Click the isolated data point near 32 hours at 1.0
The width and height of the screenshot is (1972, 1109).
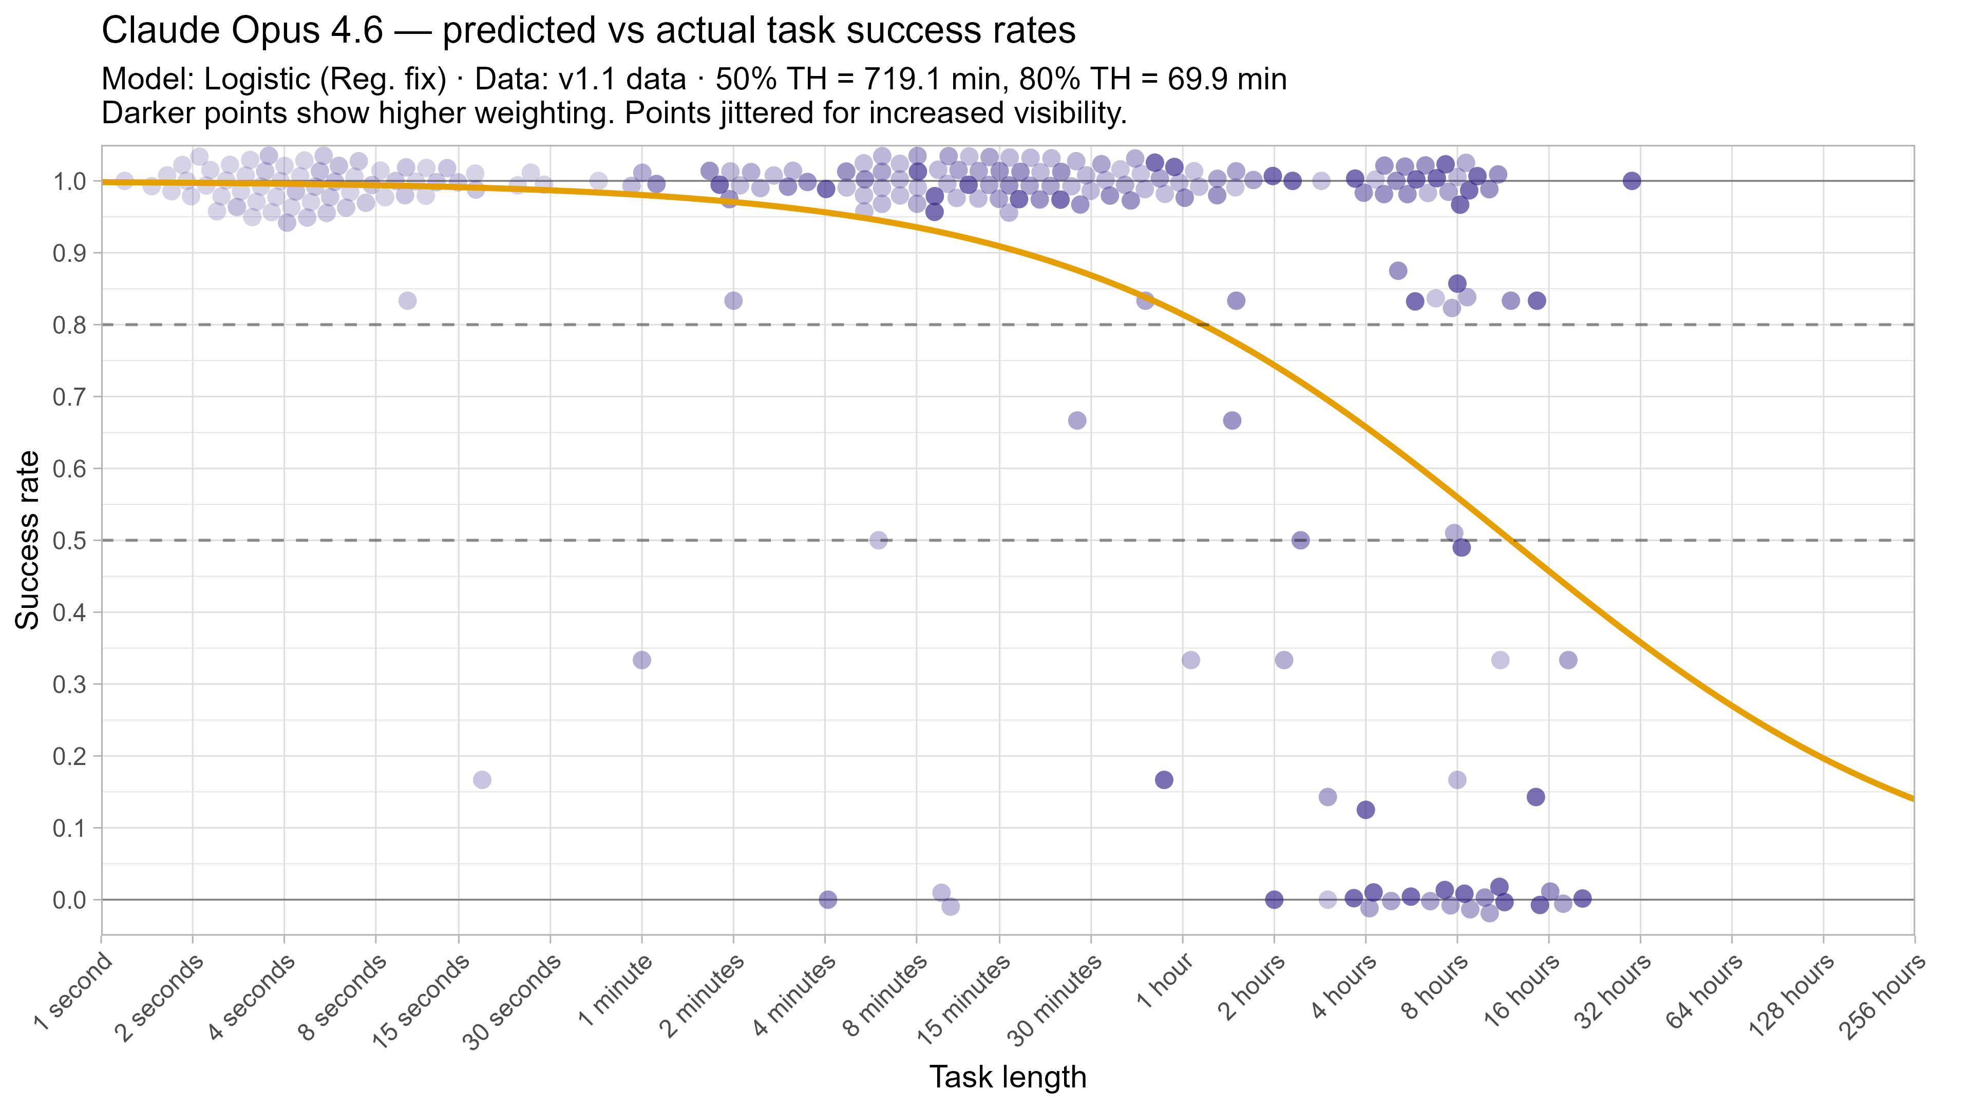1632,181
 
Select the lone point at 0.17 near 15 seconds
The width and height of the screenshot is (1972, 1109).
482,780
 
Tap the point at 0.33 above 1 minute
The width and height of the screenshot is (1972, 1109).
641,660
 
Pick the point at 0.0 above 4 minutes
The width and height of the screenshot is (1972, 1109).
827,900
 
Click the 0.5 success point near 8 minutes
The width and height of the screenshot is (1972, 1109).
878,540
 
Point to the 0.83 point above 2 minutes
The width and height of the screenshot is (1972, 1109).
733,300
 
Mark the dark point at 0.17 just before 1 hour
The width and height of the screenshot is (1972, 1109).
1164,780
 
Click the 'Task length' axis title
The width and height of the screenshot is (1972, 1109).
1008,1077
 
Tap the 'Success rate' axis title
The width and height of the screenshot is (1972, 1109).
28,540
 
